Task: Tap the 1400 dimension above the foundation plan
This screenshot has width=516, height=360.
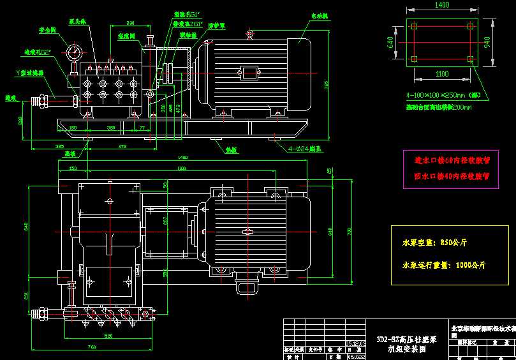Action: pyautogui.click(x=442, y=4)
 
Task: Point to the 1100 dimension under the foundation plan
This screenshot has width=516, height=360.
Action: pyautogui.click(x=442, y=74)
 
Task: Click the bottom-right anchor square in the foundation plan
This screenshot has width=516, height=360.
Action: pyautogui.click(x=471, y=59)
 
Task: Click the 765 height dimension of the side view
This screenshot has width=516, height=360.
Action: pyautogui.click(x=326, y=84)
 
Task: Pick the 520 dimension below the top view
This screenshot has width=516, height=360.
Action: pyautogui.click(x=108, y=335)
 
